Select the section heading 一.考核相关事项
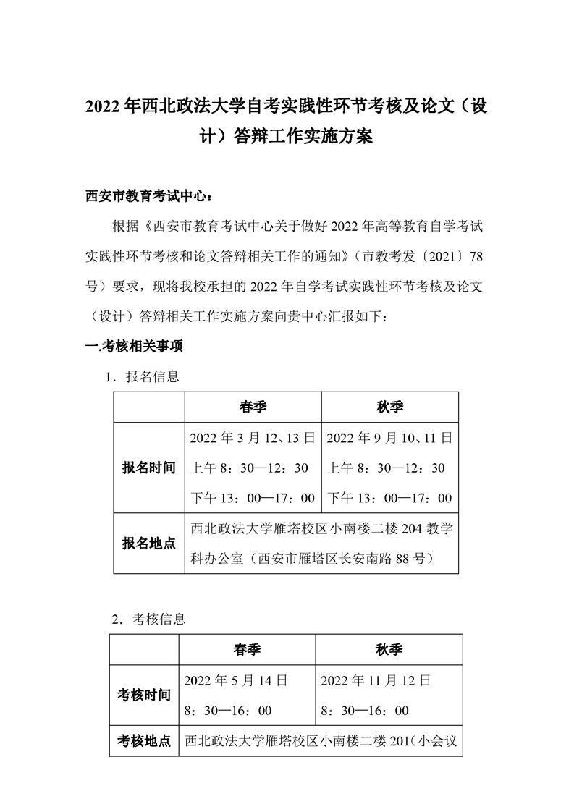(135, 347)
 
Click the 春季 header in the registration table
(253, 407)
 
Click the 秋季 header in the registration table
(389, 407)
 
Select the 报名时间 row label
(149, 468)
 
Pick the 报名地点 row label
(149, 543)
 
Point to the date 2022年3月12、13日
(252, 438)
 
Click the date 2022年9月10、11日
(389, 438)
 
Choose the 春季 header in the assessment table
(247, 650)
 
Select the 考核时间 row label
(144, 695)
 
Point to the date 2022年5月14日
(236, 680)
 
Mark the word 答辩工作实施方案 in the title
(302, 136)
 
